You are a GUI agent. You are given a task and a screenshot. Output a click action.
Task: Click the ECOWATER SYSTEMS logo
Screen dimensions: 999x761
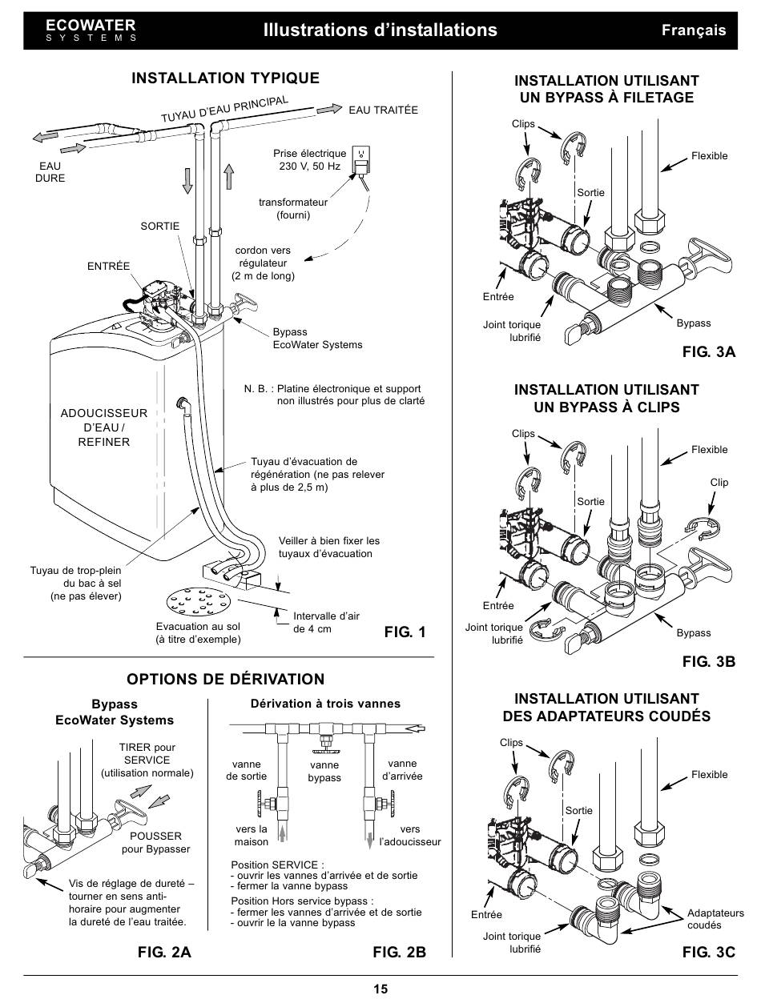point(91,30)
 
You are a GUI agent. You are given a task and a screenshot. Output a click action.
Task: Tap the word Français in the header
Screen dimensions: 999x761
point(693,30)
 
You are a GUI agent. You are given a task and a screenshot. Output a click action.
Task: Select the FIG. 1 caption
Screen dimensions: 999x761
point(405,632)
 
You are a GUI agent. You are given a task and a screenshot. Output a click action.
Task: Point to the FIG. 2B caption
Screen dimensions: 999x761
point(399,952)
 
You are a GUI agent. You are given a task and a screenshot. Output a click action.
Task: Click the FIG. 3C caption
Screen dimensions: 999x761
point(708,952)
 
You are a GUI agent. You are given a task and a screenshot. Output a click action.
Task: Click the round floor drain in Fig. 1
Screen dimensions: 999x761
point(199,600)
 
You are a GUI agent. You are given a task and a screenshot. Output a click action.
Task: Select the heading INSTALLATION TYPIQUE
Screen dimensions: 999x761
point(225,78)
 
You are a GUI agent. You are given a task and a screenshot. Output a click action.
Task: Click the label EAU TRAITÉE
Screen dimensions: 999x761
point(383,110)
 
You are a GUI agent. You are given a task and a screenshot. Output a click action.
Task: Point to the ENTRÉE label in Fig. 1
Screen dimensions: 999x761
point(108,267)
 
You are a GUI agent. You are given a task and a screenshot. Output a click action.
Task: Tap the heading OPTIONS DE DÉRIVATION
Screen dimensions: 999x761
point(225,680)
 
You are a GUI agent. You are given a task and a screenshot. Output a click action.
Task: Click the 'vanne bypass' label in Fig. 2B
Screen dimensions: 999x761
point(324,772)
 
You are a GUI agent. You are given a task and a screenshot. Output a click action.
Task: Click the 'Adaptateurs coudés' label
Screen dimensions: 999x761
point(715,919)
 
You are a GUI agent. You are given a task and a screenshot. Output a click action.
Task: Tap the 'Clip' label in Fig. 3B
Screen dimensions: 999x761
point(719,483)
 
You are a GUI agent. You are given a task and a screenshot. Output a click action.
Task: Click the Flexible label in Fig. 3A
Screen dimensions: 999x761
point(709,156)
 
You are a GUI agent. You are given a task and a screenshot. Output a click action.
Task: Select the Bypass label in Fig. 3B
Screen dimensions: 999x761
point(693,633)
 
